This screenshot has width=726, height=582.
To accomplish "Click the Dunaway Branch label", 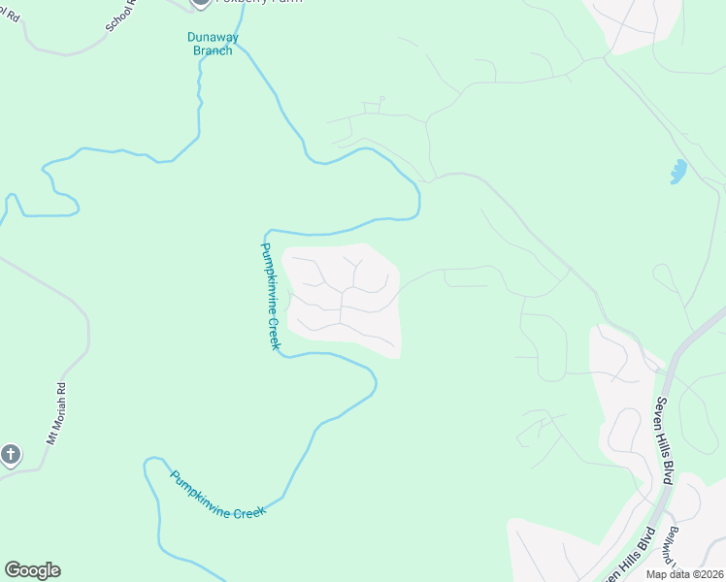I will (x=210, y=44).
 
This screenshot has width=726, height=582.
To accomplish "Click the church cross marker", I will (x=10, y=454).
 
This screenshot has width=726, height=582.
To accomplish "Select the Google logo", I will (x=32, y=570).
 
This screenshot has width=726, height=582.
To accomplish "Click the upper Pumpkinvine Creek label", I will (x=271, y=297).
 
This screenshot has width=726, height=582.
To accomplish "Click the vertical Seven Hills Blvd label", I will (x=664, y=427).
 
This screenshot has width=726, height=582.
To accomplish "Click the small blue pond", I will (x=677, y=173).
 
